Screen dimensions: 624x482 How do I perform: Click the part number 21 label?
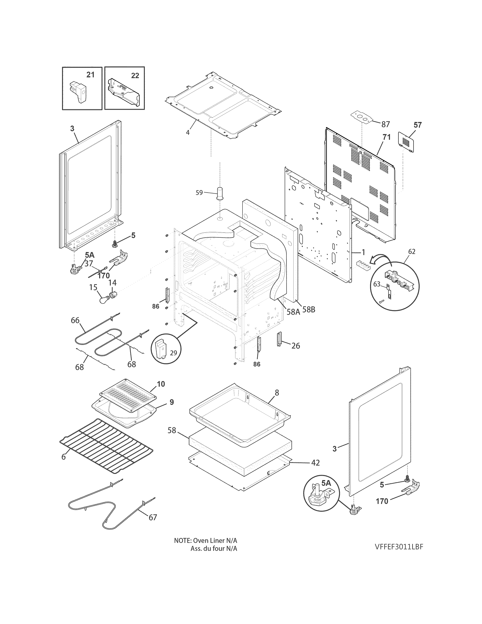[x=90, y=75]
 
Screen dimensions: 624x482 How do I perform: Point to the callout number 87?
[x=385, y=124]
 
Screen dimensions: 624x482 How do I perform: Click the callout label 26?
[x=296, y=346]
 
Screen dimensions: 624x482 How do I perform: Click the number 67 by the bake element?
[x=153, y=517]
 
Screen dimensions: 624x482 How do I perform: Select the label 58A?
[x=293, y=312]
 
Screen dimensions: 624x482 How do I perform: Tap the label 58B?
[x=309, y=309]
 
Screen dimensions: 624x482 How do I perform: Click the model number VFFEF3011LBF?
[x=399, y=547]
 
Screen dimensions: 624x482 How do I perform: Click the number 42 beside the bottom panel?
[x=315, y=463]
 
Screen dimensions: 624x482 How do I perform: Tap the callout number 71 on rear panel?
[x=386, y=137]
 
